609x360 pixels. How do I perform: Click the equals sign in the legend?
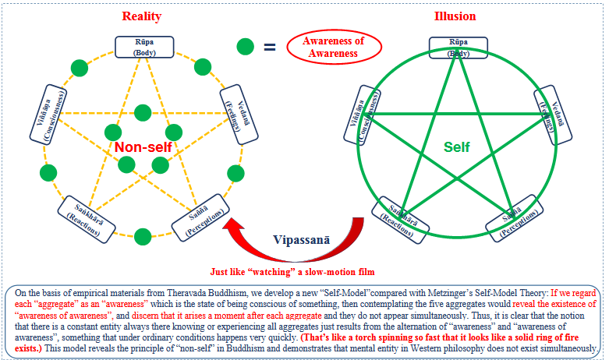click(269, 47)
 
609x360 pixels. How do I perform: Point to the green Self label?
click(457, 146)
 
